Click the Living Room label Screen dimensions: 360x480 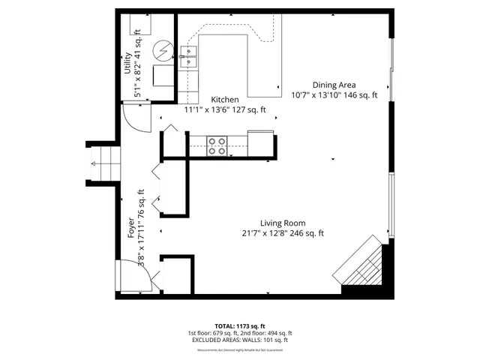[283, 223]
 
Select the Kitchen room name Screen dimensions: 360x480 [225, 100]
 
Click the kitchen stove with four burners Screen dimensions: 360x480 [217, 145]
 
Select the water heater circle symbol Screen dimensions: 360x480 [162, 50]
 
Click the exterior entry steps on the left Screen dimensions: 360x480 [102, 162]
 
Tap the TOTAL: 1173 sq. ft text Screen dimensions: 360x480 [240, 325]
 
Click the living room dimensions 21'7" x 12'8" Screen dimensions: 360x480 [283, 233]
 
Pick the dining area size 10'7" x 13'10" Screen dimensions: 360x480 [334, 95]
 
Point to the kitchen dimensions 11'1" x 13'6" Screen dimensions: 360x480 [225, 110]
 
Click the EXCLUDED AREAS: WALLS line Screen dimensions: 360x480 [240, 340]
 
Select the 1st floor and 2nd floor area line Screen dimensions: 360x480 [240, 333]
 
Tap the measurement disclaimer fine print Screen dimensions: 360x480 [240, 347]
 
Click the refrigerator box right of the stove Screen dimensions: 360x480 [261, 142]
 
